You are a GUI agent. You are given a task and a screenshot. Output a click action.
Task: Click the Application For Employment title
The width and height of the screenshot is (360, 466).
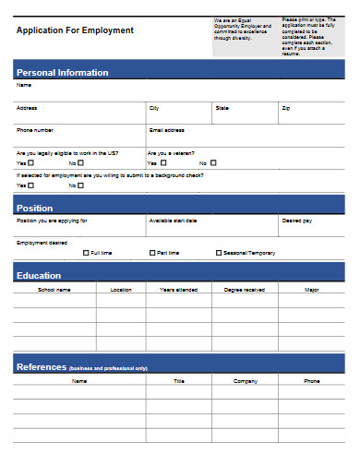click(x=75, y=30)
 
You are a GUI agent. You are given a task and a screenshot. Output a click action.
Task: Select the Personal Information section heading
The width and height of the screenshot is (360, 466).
click(x=62, y=72)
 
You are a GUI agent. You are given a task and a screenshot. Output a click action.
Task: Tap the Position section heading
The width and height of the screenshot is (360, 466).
click(x=35, y=208)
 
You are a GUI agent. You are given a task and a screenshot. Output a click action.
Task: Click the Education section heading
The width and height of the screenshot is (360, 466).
click(x=39, y=275)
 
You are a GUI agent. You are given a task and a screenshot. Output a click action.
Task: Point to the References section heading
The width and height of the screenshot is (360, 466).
click(x=42, y=367)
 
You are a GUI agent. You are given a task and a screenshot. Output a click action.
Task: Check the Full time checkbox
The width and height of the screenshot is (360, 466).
click(x=87, y=252)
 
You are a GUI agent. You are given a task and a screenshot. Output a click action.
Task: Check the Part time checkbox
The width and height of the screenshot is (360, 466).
click(x=152, y=252)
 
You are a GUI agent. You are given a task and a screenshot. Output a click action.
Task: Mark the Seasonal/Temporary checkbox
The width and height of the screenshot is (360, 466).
click(x=219, y=252)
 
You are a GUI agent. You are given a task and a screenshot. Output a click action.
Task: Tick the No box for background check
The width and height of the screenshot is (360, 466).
click(x=81, y=185)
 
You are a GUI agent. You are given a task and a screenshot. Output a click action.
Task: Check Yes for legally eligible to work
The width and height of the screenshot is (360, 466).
click(x=30, y=162)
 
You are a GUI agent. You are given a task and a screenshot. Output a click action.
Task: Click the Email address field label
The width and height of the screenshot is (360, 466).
click(x=166, y=130)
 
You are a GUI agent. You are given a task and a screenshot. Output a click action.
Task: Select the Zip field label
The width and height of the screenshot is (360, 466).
click(x=285, y=108)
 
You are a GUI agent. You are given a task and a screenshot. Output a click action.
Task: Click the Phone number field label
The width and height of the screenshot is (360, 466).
click(x=35, y=130)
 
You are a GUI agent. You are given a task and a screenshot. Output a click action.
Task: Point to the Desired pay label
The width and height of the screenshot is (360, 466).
click(x=296, y=221)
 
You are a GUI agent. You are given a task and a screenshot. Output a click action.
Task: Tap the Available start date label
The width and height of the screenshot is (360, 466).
click(x=173, y=221)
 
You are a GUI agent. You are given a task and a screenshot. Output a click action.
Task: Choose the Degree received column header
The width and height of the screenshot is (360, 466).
click(x=245, y=290)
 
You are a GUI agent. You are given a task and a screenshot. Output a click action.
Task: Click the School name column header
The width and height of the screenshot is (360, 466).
click(x=54, y=290)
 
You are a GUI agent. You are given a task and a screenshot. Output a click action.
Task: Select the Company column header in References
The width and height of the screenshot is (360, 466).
click(x=245, y=380)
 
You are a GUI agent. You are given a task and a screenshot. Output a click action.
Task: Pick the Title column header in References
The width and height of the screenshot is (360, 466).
click(x=179, y=380)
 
